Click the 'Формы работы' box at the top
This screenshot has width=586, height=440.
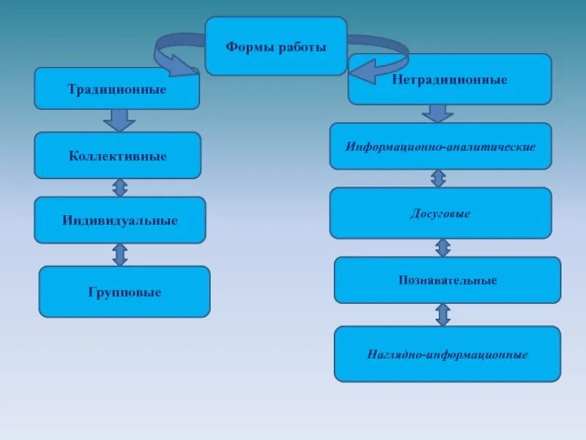coord(275,46)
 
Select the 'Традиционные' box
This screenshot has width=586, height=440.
coord(117,89)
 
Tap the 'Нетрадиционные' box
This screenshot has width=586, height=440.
coord(449,79)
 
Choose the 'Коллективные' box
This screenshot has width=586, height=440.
coord(118,155)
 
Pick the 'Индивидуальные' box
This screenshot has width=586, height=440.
coord(120,220)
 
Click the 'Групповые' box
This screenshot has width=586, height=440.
coord(125,292)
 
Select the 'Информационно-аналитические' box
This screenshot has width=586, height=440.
coord(440,147)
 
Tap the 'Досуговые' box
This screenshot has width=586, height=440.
coord(440,213)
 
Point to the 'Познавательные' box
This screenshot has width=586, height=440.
coord(448,280)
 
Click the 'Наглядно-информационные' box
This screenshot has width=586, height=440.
coord(448,354)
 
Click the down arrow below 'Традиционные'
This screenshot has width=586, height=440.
coord(119,120)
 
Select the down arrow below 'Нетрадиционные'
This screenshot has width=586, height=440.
coord(438,113)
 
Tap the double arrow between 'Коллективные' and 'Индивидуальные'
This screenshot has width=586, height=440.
coord(119,188)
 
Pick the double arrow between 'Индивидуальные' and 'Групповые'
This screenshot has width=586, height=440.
coord(120,254)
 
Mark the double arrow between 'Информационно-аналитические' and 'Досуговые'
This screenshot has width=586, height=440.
coord(438,178)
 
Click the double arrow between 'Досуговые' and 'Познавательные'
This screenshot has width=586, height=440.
coord(442,247)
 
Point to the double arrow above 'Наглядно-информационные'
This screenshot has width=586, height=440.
coord(442,315)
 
